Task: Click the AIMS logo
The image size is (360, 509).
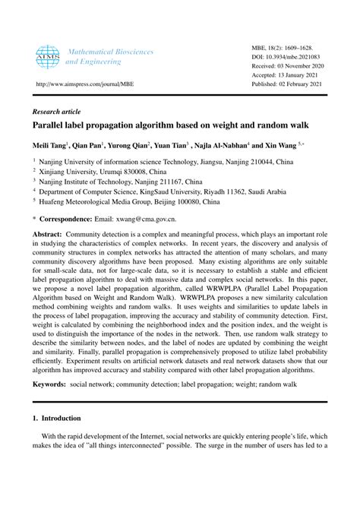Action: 48,57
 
